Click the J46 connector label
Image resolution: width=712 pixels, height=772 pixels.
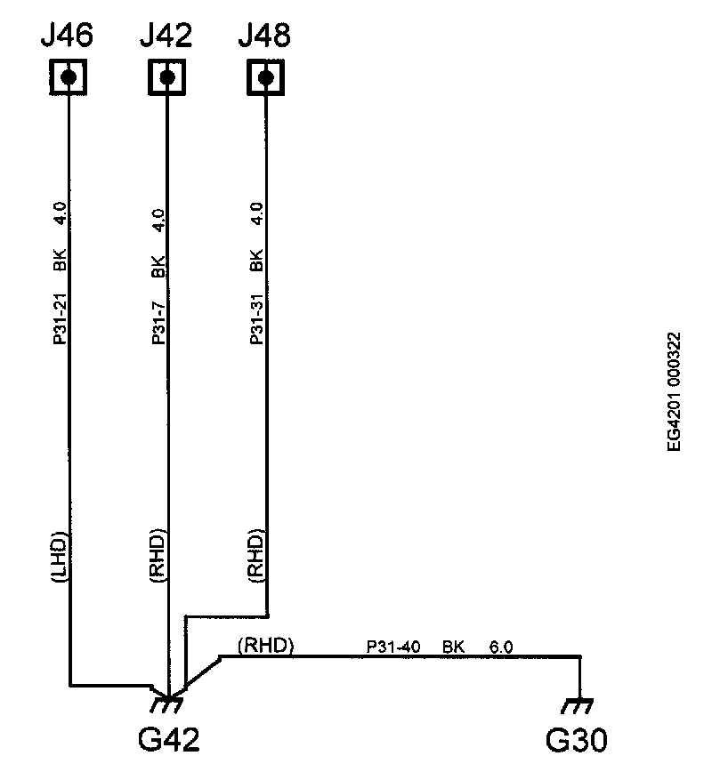click(68, 36)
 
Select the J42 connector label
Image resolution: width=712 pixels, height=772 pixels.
click(166, 36)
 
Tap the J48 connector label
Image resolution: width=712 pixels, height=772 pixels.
click(264, 36)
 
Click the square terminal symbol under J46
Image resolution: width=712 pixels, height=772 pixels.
click(68, 77)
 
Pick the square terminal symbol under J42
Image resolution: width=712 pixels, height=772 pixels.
click(166, 77)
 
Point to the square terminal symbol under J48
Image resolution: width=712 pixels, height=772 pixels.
click(264, 77)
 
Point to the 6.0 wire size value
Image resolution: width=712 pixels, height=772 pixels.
click(501, 647)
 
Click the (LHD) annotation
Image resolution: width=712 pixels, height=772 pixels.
click(60, 559)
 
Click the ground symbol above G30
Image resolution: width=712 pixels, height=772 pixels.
click(580, 705)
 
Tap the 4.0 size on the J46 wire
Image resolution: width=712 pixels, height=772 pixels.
click(60, 216)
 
